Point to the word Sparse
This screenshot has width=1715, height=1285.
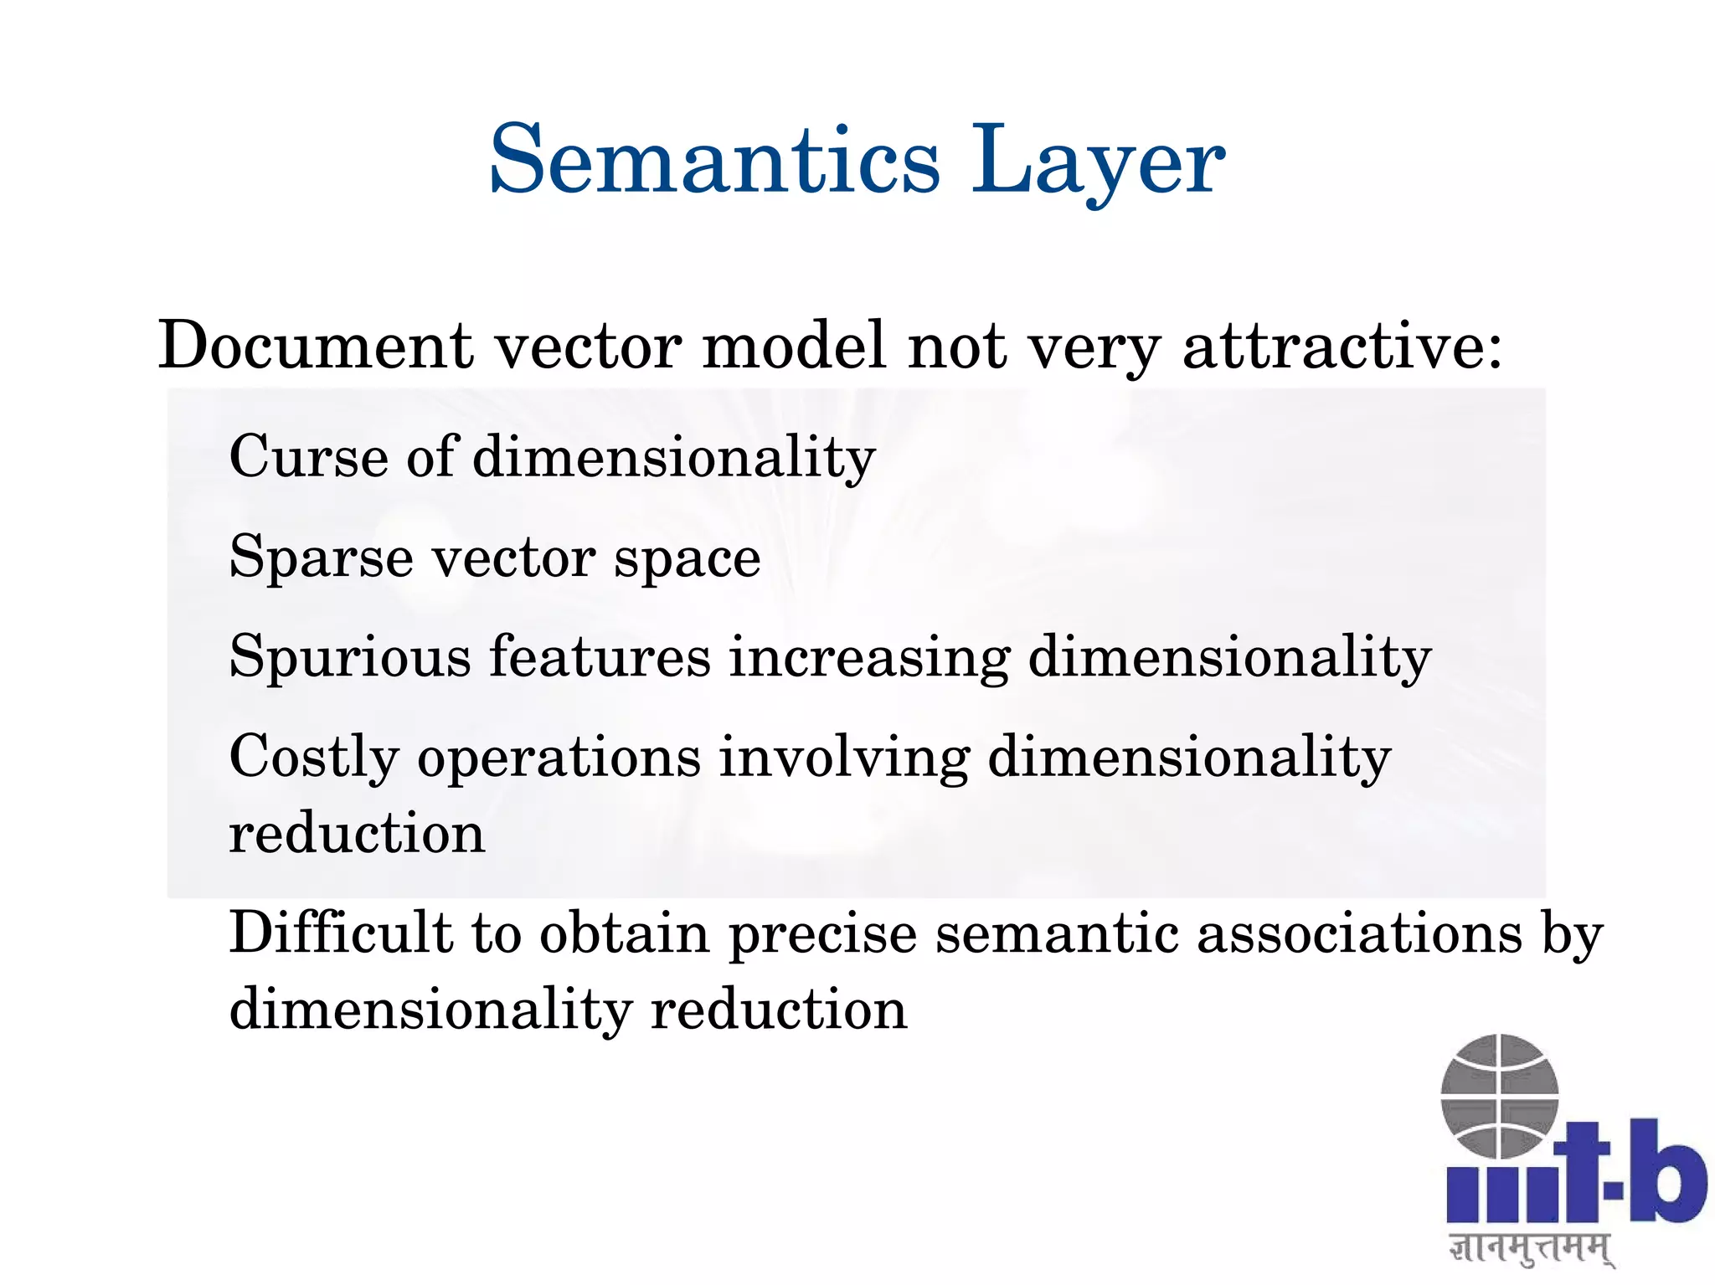click(321, 558)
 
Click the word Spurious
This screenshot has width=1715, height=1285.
click(350, 658)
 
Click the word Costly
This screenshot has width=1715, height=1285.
click(314, 758)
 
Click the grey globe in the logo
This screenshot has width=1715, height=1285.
click(1499, 1096)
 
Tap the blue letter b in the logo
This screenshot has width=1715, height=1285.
click(1666, 1172)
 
